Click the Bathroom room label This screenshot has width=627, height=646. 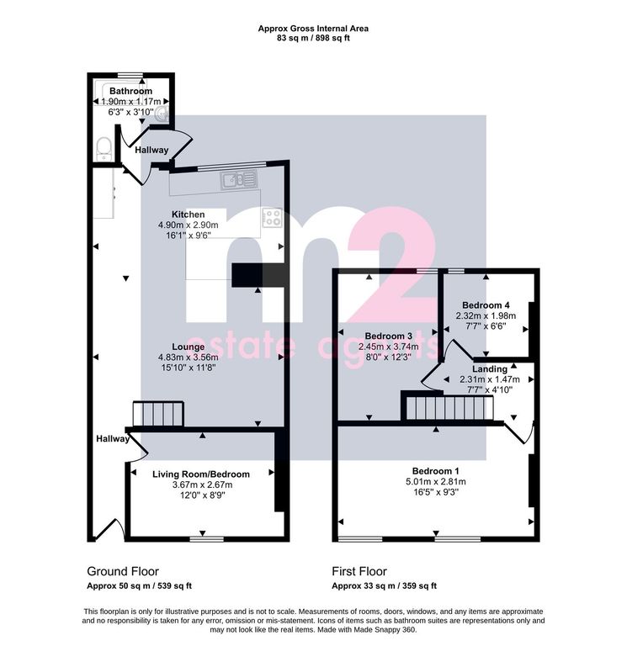pos(130,91)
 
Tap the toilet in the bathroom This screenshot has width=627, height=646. pos(103,148)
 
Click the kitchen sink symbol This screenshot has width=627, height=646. pos(238,181)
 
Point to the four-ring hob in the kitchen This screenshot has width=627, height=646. pos(272,217)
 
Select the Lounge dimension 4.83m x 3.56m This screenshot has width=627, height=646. pos(189,357)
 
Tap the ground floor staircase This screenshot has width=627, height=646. pos(158,414)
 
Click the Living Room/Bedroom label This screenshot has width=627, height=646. pos(201,474)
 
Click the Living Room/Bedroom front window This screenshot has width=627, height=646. pos(207,539)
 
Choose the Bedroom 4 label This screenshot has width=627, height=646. pos(486,305)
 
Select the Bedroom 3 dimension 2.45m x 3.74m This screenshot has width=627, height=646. pos(388,347)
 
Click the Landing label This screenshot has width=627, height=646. pos(490,368)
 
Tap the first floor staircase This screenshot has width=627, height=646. pos(449,408)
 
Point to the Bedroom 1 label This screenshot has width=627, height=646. pos(436,471)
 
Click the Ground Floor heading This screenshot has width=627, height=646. pos(123,571)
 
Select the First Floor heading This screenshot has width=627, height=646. pos(359,571)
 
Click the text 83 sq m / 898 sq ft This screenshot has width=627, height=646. pos(313,39)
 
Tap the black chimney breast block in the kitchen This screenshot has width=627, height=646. pos(258,275)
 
